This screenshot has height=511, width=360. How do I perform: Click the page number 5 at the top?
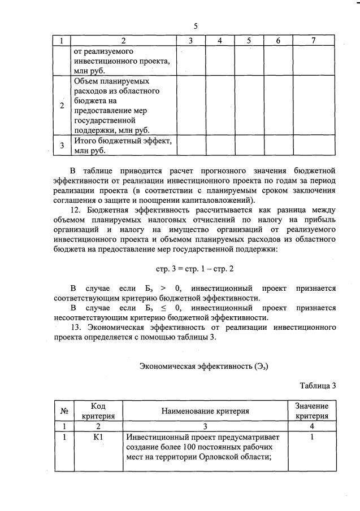(195, 27)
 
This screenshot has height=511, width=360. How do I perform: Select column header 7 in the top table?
(313, 41)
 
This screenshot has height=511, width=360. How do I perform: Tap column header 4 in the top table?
(219, 41)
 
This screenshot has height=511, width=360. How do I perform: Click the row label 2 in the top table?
(62, 106)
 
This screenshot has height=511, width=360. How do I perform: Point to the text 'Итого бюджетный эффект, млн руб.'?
(122, 145)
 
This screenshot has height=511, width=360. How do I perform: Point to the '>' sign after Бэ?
(162, 288)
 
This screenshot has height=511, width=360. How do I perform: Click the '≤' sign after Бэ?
(161, 308)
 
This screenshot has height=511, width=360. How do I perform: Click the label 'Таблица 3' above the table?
(318, 386)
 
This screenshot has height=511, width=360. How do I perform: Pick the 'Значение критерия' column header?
(311, 411)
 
